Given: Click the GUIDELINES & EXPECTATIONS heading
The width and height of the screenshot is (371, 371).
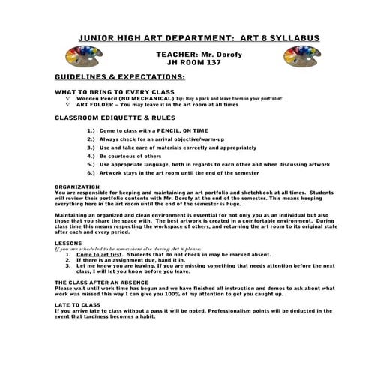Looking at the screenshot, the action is [x=113, y=77].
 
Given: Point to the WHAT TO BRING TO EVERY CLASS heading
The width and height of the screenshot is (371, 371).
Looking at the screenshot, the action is [x=106, y=92].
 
